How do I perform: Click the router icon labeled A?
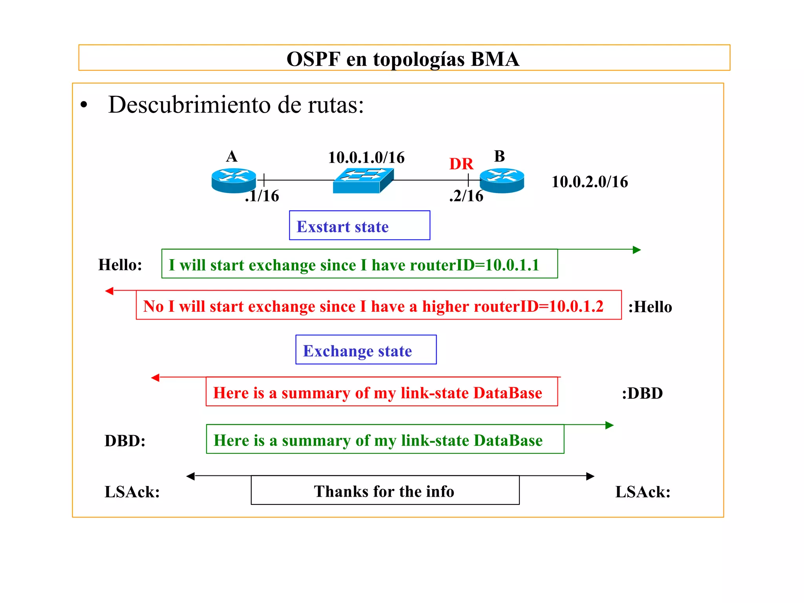(234, 181)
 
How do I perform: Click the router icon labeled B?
(502, 181)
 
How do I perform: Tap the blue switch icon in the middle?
(363, 181)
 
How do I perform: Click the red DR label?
(461, 164)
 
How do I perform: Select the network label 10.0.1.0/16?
(366, 158)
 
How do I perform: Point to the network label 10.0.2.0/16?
(589, 182)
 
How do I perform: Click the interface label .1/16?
(262, 196)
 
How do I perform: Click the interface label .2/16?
(466, 196)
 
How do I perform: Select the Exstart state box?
(359, 226)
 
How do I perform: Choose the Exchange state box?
(365, 350)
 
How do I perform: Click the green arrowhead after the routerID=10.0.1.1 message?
(637, 250)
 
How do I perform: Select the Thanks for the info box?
(385, 490)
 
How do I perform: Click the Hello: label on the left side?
(120, 265)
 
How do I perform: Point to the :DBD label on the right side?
(642, 393)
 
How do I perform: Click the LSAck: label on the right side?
(643, 492)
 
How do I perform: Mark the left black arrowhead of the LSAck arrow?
(191, 476)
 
